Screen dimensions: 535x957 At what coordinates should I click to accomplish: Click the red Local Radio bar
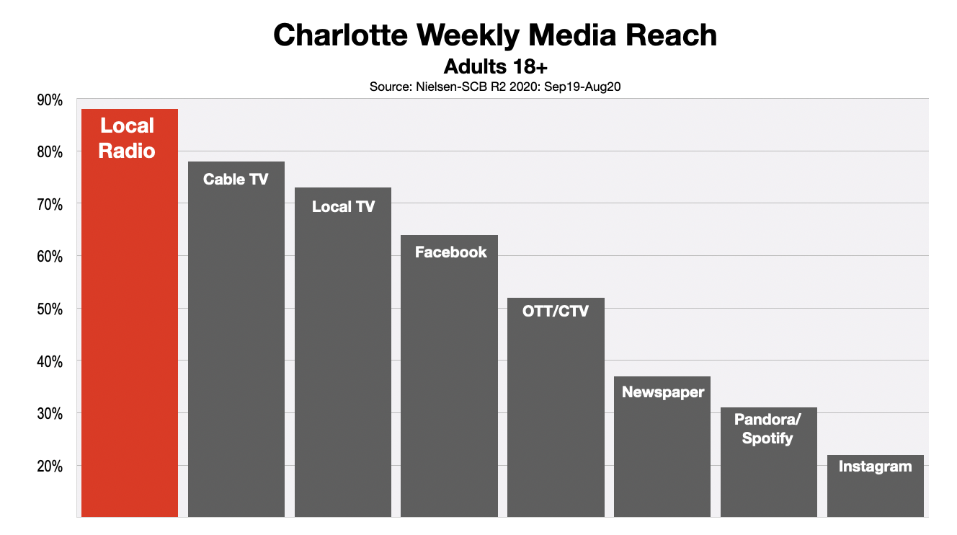pyautogui.click(x=130, y=324)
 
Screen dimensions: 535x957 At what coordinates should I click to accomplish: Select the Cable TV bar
pyautogui.click(x=236, y=346)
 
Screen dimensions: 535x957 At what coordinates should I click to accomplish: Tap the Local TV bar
pyautogui.click(x=343, y=361)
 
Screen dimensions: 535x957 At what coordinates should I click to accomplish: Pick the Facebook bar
pyautogui.click(x=449, y=382)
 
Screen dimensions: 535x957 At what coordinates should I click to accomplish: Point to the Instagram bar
pyautogui.click(x=875, y=490)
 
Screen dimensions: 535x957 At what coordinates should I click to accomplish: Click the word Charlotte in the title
pyautogui.click(x=343, y=35)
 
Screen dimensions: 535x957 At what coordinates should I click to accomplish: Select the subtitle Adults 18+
pyautogui.click(x=496, y=67)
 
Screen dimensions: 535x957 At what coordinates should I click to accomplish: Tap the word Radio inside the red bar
pyautogui.click(x=127, y=151)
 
